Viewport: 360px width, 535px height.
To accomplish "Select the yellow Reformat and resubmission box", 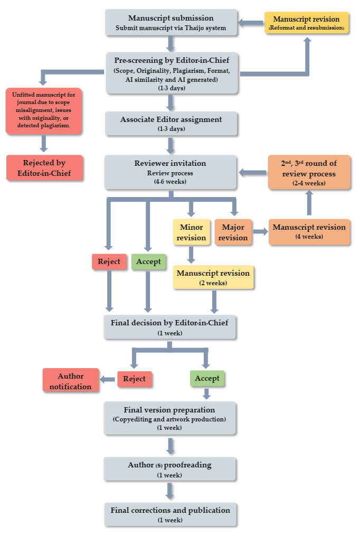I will click(x=306, y=23).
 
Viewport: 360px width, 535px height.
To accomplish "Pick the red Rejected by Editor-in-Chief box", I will click(x=44, y=167).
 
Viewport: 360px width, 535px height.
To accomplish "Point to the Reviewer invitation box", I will click(x=169, y=172).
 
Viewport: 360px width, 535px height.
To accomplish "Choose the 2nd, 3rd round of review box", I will click(x=309, y=172).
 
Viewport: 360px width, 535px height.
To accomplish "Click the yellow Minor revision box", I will click(x=191, y=232).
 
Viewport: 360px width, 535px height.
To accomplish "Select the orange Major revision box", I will click(x=233, y=232).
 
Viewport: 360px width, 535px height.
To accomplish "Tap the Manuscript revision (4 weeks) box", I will click(x=309, y=231).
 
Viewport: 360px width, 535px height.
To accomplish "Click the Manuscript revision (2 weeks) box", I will click(x=213, y=277).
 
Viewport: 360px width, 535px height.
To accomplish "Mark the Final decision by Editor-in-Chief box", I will click(x=169, y=326).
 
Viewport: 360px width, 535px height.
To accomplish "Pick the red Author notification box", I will click(x=71, y=380).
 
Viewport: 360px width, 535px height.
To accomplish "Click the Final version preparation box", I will click(x=169, y=418).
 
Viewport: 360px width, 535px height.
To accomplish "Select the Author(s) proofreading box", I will click(x=169, y=469).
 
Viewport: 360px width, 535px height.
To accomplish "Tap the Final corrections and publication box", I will click(x=169, y=514).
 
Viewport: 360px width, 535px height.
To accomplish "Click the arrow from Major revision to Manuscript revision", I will click(x=259, y=231).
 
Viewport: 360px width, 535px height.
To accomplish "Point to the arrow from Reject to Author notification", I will click(x=109, y=379).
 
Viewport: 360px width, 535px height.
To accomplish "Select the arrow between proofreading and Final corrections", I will click(x=169, y=491).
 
